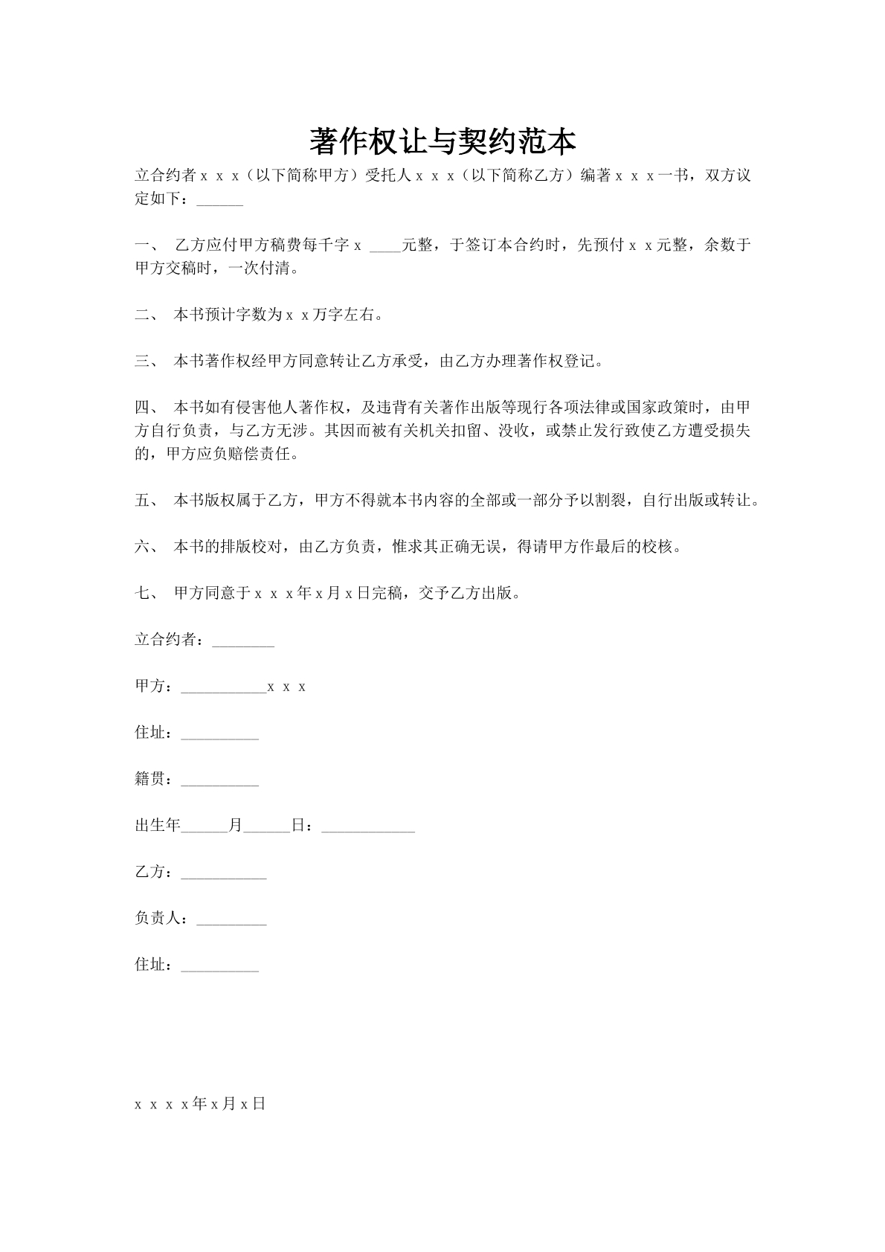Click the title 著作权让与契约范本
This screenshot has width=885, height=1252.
(442, 141)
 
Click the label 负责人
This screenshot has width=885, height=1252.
(158, 919)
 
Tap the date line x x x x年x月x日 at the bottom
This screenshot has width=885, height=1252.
(199, 1104)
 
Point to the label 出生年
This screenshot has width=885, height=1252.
(158, 826)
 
